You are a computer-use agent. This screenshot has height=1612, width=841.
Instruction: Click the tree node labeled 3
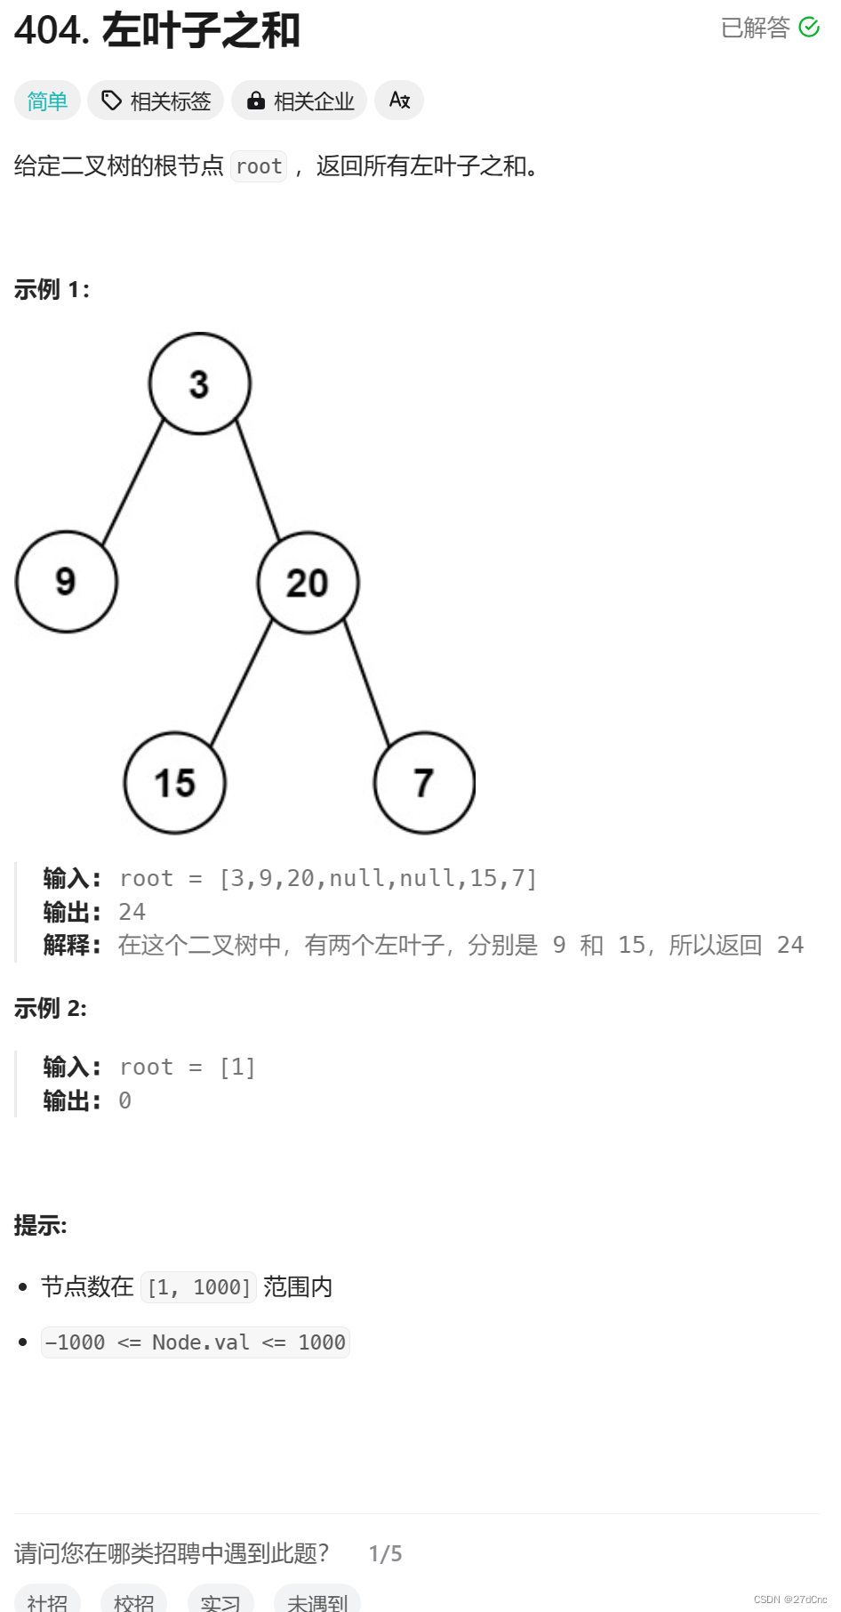tap(200, 384)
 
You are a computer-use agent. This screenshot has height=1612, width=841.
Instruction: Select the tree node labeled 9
tap(67, 582)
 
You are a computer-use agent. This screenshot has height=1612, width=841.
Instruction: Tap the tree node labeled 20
tap(308, 583)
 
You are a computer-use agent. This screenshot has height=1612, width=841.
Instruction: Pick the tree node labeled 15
tap(175, 783)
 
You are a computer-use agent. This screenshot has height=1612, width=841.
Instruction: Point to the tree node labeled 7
tap(424, 783)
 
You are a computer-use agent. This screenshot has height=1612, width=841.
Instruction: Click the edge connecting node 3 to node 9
tap(133, 482)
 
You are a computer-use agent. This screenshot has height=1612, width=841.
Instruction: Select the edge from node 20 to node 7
tap(367, 683)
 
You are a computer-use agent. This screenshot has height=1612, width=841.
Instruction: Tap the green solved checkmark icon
tap(809, 28)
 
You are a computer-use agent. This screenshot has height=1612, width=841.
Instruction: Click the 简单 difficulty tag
tap(47, 101)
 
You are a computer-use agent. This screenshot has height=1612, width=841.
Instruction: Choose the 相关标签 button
tap(156, 101)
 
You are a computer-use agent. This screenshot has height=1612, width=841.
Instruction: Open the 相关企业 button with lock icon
tap(300, 101)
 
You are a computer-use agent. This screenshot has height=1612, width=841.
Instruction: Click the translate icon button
tap(399, 101)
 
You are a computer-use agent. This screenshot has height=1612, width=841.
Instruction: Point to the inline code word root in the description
tap(259, 166)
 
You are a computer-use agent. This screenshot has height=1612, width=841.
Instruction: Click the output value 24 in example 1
tap(132, 912)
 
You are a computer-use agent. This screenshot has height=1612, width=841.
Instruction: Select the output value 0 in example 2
tap(125, 1100)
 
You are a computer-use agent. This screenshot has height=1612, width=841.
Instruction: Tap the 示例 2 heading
tap(51, 1008)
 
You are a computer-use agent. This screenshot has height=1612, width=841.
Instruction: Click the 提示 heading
tap(41, 1226)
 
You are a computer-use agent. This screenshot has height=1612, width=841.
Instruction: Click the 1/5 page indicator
tap(385, 1553)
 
